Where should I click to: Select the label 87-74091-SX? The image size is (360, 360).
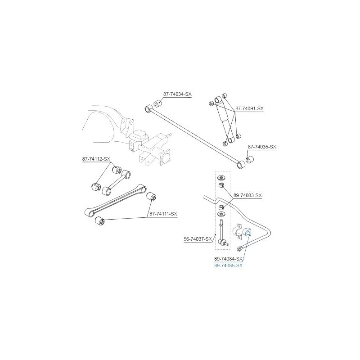[249, 108]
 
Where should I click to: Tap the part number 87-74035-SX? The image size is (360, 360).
[262, 147]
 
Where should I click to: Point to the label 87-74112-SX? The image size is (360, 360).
[96, 159]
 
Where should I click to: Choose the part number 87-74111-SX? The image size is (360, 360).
[163, 214]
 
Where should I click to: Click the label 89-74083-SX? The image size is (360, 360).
[247, 196]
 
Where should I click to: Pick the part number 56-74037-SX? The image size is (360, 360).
[198, 239]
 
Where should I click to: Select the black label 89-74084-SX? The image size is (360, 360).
[228, 259]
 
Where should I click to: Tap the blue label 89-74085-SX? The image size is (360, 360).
[228, 265]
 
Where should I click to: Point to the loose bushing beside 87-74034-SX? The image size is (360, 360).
[157, 103]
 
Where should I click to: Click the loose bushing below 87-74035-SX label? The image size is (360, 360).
[249, 159]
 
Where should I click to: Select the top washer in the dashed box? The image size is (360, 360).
[221, 177]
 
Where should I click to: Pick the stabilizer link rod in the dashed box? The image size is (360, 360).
[223, 234]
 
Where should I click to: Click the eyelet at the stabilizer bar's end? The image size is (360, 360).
[239, 248]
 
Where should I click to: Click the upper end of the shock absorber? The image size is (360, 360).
[218, 100]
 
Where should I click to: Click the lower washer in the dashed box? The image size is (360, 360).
[221, 215]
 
